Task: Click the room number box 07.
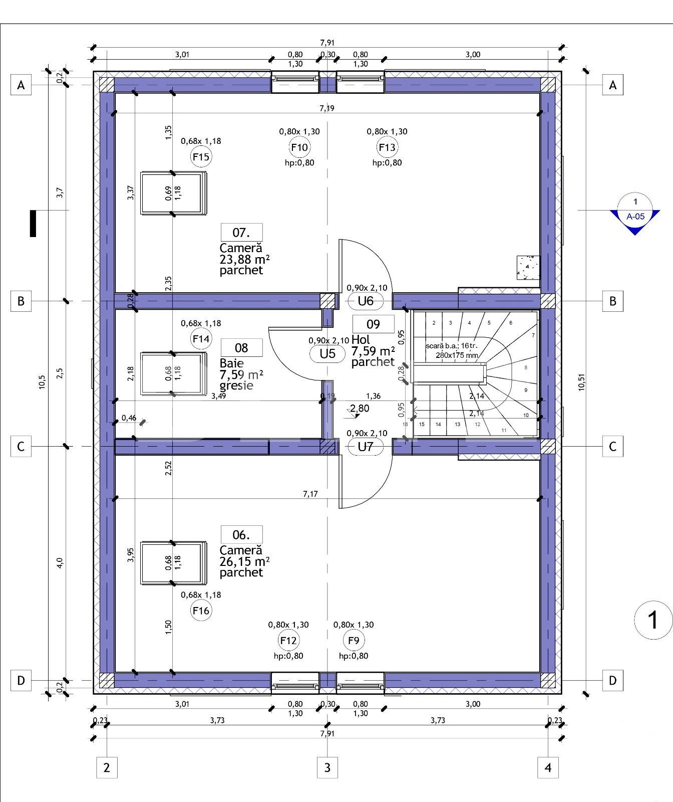point(241,233)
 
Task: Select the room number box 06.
point(241,535)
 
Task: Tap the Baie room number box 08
point(241,348)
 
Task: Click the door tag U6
point(366,301)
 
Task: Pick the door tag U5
point(327,354)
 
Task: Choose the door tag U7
point(366,447)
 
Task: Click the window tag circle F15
point(201,157)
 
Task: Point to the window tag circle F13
point(387,147)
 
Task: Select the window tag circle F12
point(288,640)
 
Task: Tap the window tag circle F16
point(201,611)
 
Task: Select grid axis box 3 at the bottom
point(327,767)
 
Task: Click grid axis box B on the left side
point(21,301)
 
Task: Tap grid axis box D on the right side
point(612,681)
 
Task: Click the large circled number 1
point(653,620)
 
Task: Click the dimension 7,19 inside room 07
point(327,108)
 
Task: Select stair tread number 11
point(504,430)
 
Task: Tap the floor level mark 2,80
point(360,409)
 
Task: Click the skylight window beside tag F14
point(173,374)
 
